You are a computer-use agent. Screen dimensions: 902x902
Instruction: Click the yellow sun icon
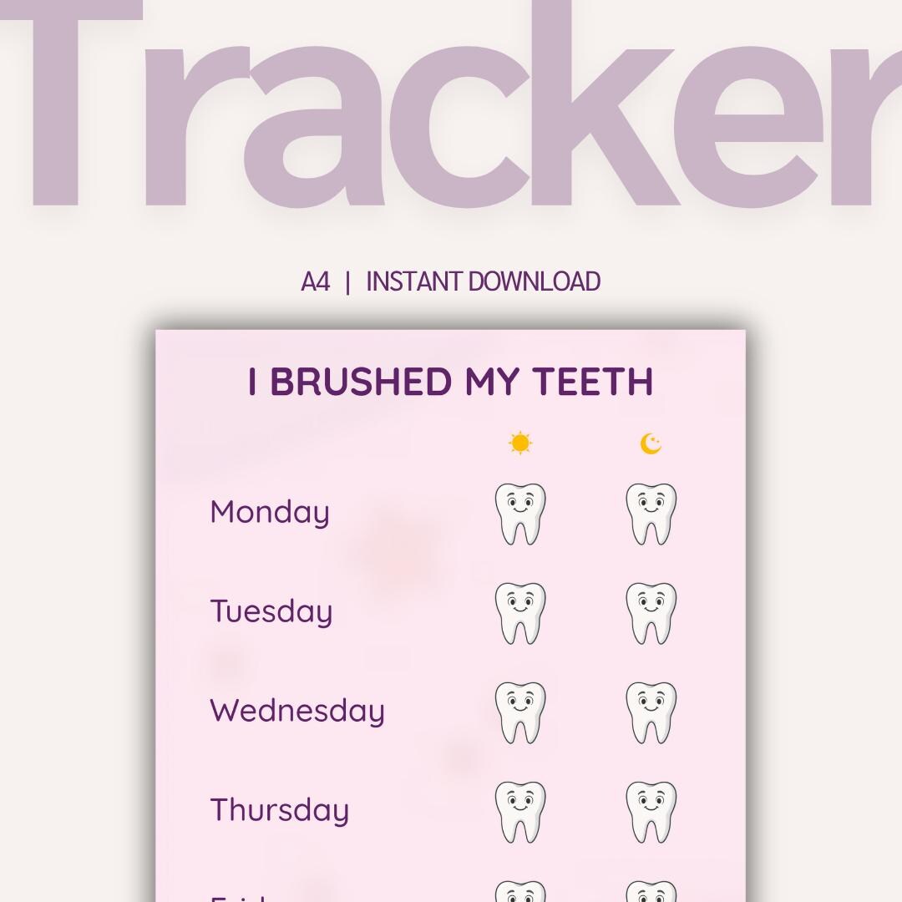pos(519,443)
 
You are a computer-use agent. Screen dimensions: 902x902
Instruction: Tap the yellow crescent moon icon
pos(651,443)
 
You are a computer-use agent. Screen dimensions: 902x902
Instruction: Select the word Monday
pos(270,512)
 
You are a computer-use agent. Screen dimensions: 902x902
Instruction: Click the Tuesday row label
pos(271,611)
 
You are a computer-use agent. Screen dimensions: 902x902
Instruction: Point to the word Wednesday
pos(297,711)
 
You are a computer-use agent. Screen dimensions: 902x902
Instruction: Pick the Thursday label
pos(280,810)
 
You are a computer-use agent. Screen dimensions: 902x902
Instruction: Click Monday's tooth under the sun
pos(519,514)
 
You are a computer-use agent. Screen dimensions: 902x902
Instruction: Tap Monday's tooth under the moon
pos(651,514)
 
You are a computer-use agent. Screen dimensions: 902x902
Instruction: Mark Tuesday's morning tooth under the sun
pos(519,613)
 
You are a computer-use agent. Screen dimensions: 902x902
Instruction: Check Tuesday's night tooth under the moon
pos(651,613)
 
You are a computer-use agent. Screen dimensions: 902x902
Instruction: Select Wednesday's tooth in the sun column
pos(519,712)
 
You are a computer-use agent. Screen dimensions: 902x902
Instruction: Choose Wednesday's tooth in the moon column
pos(651,712)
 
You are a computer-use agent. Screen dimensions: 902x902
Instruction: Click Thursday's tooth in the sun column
pos(519,812)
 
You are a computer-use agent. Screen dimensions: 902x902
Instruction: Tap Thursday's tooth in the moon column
pos(651,812)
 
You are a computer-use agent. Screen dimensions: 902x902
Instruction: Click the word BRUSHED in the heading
pos(361,382)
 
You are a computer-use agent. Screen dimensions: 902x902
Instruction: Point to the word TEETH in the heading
pos(593,382)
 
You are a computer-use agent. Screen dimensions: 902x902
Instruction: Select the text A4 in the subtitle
pos(315,282)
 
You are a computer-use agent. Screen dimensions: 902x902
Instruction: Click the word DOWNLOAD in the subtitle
pos(535,282)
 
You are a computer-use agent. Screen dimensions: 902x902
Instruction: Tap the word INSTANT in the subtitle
pos(415,282)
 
